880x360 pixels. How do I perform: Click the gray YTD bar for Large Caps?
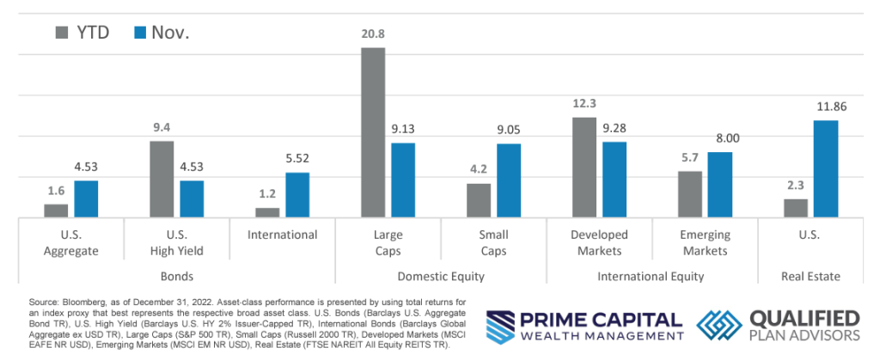point(373,132)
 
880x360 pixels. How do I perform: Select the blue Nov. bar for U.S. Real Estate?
point(826,168)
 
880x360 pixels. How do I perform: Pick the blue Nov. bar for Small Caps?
point(509,180)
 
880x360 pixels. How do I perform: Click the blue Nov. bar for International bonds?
point(297,195)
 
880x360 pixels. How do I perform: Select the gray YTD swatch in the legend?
point(63,33)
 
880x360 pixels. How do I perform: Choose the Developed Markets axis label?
point(599,242)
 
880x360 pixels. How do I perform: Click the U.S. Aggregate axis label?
point(71,242)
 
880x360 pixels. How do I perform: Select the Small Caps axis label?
point(494,242)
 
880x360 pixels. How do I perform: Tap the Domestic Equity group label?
point(441,277)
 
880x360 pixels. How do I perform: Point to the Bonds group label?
point(176,277)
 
